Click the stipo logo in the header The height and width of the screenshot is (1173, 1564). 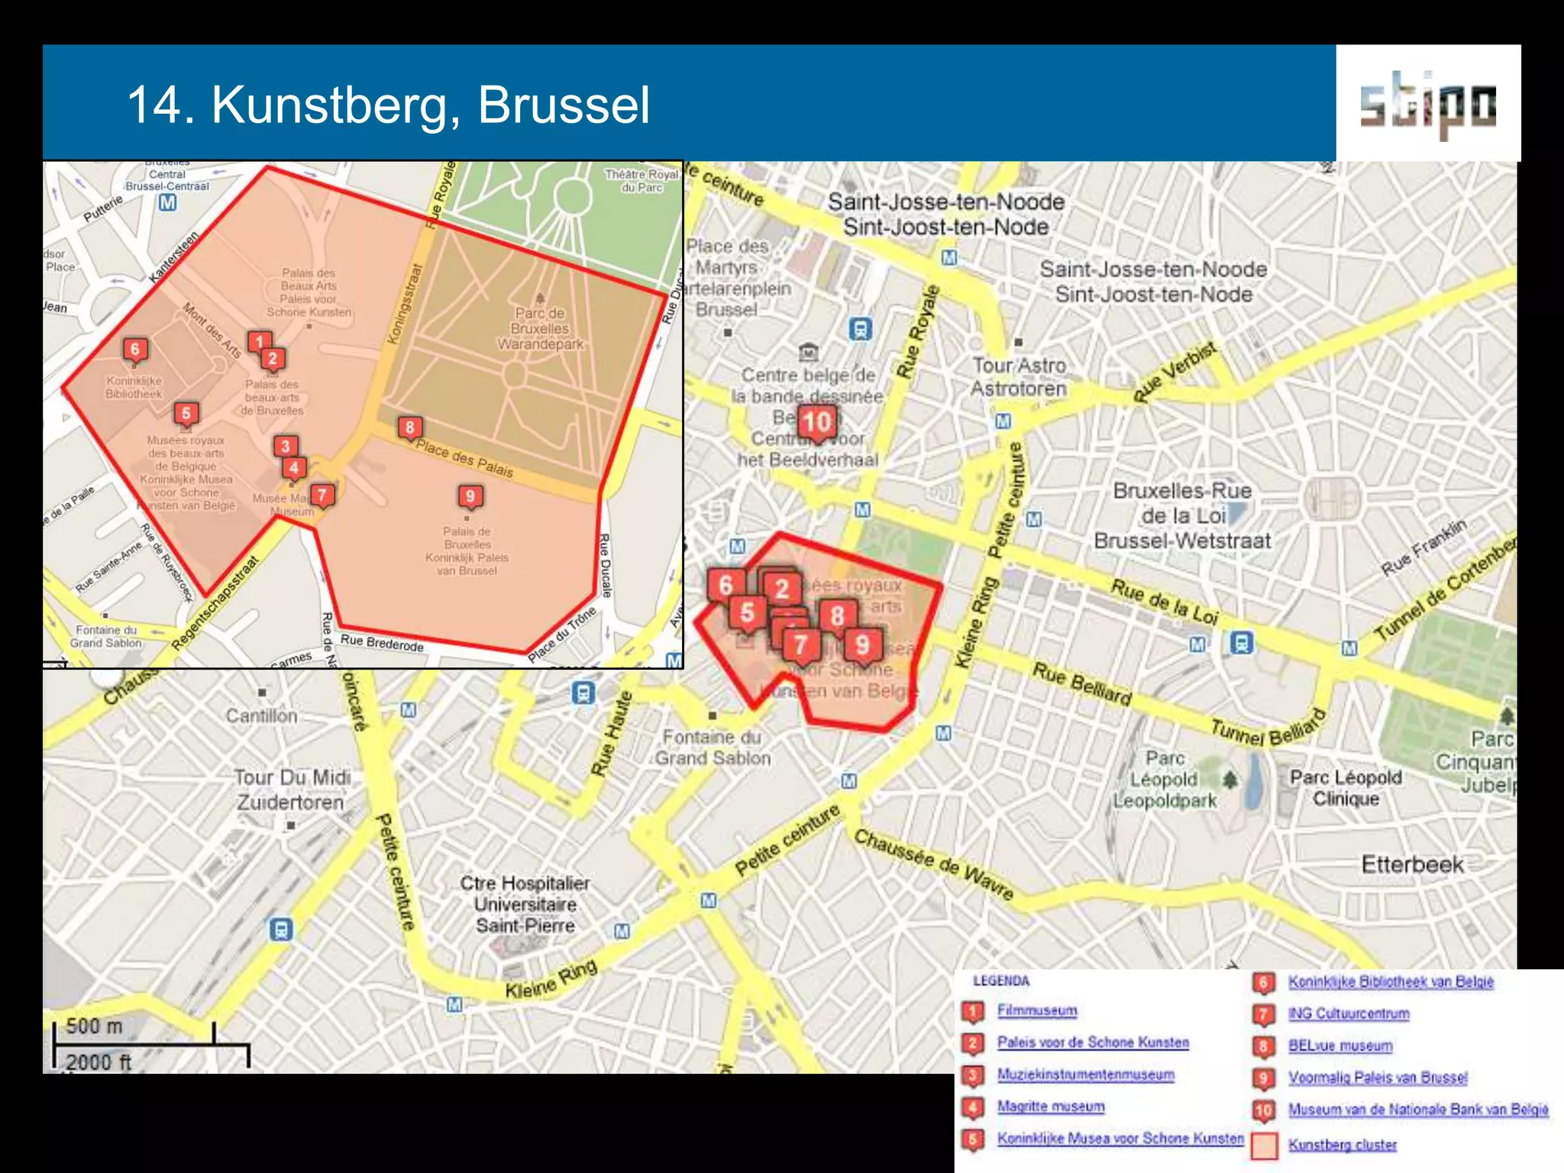pos(1427,104)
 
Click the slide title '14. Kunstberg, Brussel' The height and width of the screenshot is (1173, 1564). pos(389,105)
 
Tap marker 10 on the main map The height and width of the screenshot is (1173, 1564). pos(816,422)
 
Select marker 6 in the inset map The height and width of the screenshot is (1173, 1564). pos(135,350)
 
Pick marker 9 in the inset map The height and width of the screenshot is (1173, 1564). pos(470,496)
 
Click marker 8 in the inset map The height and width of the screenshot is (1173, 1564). pos(410,428)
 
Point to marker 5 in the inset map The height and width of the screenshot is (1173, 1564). pos(186,414)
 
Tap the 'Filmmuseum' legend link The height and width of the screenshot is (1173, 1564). pos(1036,1010)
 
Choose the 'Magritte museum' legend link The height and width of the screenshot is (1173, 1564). pos(1050,1106)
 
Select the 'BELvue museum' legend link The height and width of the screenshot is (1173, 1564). pos(1340,1045)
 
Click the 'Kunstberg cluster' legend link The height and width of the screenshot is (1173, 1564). pos(1342,1144)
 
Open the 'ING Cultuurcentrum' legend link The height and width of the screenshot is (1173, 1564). pos(1349,1013)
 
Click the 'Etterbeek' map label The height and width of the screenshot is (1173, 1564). pos(1412,864)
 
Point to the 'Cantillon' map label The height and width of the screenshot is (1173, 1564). pos(261,716)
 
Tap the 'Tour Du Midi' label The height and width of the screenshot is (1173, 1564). pos(292,777)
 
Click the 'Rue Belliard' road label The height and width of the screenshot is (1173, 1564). pos(1081,683)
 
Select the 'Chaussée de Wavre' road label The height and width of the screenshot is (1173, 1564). pos(933,864)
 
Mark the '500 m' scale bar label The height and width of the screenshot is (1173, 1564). pos(94,1026)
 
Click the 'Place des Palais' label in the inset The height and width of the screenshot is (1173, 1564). pos(464,459)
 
